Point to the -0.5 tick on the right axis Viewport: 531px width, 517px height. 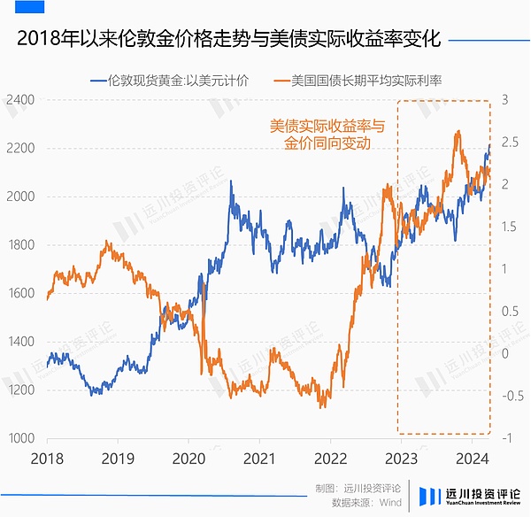coord(512,396)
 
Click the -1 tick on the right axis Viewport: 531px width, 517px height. coord(509,438)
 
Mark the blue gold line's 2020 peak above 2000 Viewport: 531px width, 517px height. coord(231,181)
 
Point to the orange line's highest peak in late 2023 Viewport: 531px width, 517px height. coord(458,132)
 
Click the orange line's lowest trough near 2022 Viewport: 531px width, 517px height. coord(322,407)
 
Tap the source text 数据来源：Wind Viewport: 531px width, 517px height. coord(366,502)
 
